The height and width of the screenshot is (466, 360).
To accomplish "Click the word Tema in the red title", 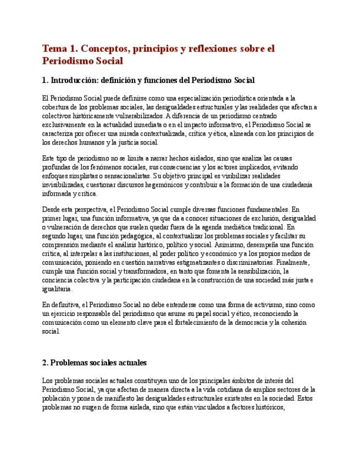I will click(54, 48).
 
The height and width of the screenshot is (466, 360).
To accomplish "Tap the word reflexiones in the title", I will click(217, 48).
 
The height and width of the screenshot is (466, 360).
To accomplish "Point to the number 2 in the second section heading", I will click(44, 363).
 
